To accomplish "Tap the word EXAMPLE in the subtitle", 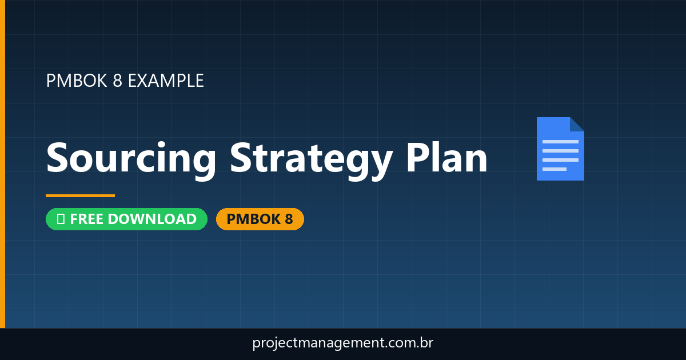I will [x=166, y=81].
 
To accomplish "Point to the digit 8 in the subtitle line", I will [x=117, y=81].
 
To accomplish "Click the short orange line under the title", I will [x=80, y=195].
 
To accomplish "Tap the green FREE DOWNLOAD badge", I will [x=126, y=219].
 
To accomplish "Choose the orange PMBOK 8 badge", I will [x=260, y=219].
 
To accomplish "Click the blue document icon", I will [x=560, y=149].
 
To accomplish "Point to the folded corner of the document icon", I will [x=577, y=124].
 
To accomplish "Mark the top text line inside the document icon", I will [x=560, y=141].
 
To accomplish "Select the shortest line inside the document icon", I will [x=554, y=169].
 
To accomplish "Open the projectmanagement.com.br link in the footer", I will [x=343, y=343].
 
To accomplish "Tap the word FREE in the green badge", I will [x=87, y=219].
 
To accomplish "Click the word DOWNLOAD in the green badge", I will [x=152, y=219].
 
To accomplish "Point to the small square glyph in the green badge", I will [x=61, y=219].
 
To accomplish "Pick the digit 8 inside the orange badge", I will [x=288, y=219].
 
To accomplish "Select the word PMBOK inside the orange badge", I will [x=253, y=219].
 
